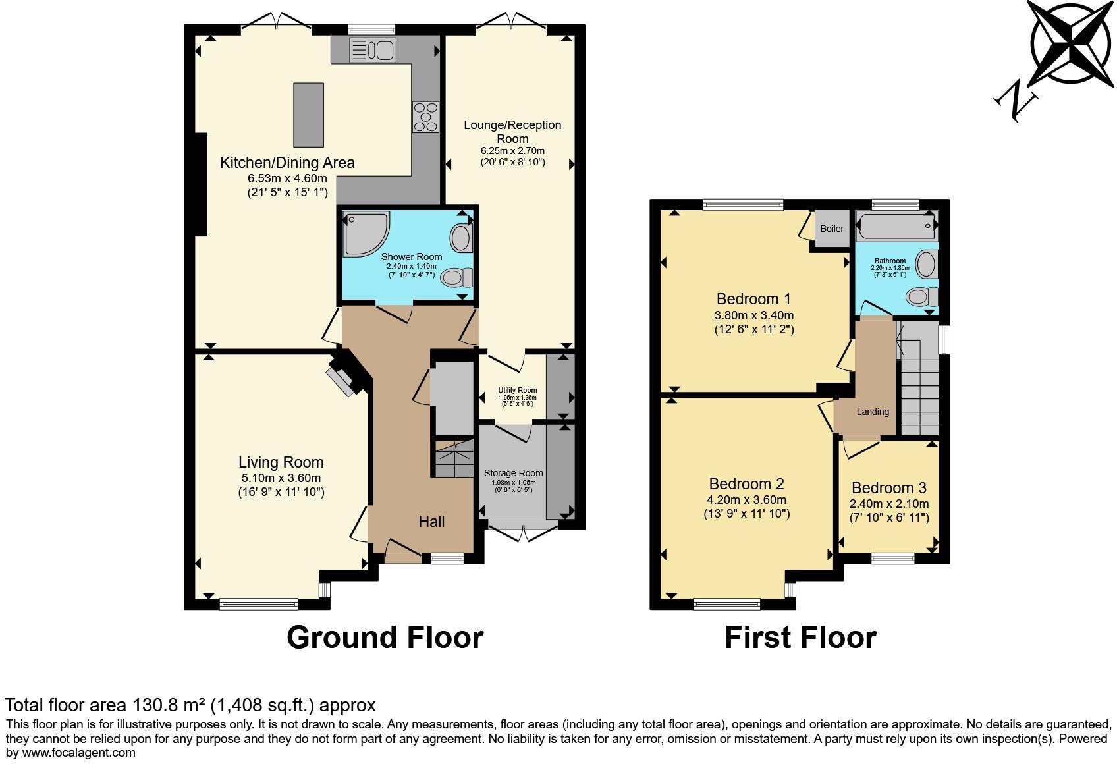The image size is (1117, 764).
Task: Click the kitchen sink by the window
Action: tap(372, 50)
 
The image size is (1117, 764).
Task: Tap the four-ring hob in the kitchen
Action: tap(425, 117)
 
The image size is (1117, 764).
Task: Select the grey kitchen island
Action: tap(308, 115)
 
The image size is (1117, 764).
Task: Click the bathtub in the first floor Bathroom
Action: tap(896, 228)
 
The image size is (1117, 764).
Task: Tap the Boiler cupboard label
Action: tap(832, 229)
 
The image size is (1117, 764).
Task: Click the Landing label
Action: tap(873, 412)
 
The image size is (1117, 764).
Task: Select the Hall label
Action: tap(431, 522)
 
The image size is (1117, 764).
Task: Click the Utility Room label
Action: tap(517, 390)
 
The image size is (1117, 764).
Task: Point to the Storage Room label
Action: tap(513, 473)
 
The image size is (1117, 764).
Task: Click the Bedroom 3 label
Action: tap(888, 488)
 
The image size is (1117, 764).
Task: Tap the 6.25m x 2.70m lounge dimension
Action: tap(512, 151)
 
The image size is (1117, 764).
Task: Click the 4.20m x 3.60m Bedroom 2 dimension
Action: tap(746, 500)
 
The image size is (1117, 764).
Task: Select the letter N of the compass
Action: tap(1016, 103)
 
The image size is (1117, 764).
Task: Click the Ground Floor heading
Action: tap(385, 638)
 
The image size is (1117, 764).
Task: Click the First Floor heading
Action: tap(800, 638)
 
